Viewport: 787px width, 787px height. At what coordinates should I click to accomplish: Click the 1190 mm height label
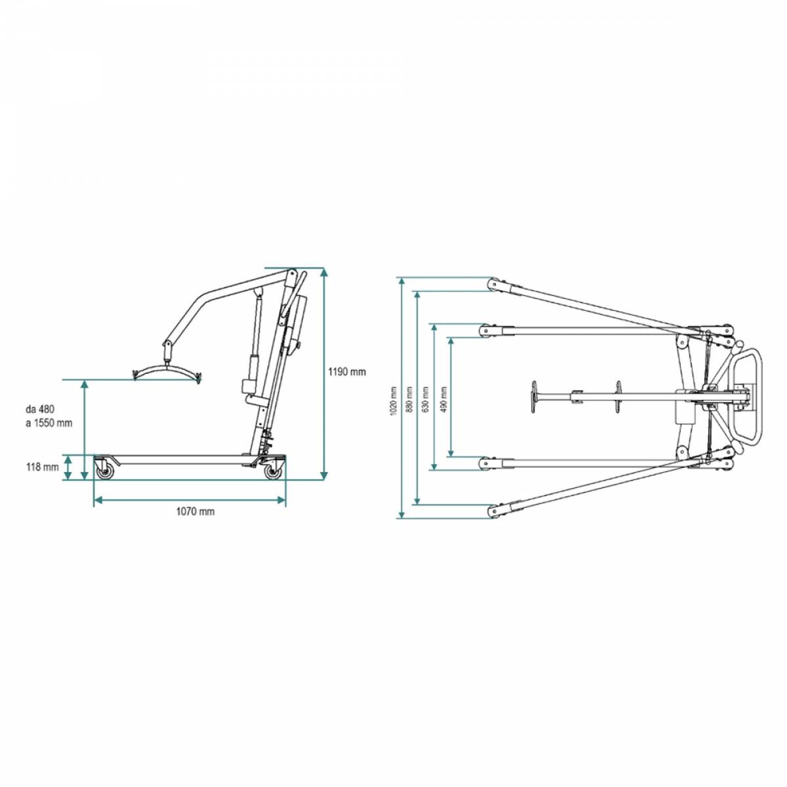click(x=347, y=372)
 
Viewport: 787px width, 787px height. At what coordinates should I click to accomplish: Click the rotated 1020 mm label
click(x=393, y=401)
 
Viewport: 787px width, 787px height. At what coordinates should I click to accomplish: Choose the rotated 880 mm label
click(x=410, y=401)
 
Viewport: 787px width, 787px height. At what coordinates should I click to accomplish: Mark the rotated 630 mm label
click(x=426, y=399)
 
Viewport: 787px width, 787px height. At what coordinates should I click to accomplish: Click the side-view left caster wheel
click(x=104, y=470)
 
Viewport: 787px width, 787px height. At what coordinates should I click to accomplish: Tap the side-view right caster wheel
click(x=272, y=472)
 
